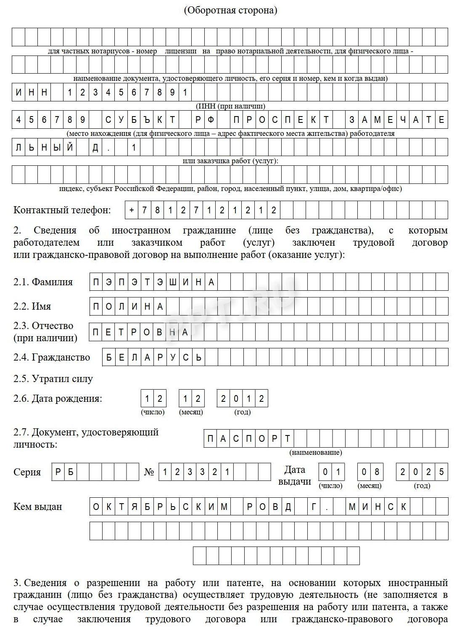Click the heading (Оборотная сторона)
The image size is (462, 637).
point(230,10)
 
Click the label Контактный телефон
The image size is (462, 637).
point(62,210)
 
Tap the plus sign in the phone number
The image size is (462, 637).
point(132,210)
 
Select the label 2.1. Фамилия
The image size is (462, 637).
point(43,282)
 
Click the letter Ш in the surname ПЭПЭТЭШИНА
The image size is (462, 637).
point(173,282)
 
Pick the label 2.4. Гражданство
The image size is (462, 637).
point(52,357)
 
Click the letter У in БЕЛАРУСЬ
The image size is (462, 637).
point(173,358)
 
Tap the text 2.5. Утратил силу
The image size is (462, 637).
point(53,379)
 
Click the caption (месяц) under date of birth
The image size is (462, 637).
point(191,412)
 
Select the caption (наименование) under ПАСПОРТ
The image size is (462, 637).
point(315,452)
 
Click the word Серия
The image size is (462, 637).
point(27,472)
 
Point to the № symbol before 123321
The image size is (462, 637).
point(149,472)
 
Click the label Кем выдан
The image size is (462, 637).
point(37,507)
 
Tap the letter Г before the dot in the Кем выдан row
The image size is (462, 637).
point(314,507)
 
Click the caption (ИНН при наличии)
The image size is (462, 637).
point(230,106)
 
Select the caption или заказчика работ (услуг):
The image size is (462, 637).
point(230,161)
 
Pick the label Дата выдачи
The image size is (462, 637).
point(294,475)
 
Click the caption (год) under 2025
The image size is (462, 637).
point(422,486)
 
